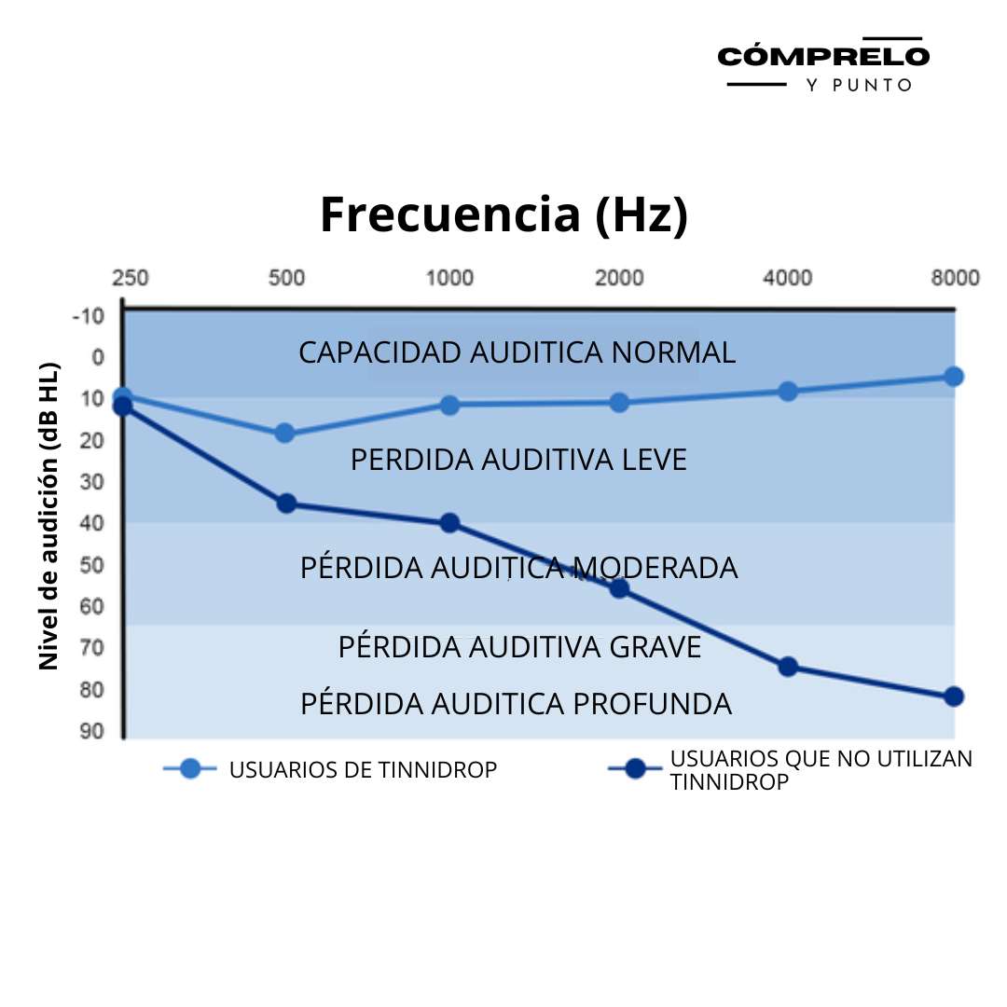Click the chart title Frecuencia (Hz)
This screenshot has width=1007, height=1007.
(x=504, y=214)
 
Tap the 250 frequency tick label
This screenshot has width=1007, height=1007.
(x=131, y=278)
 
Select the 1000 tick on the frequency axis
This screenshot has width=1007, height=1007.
(x=449, y=278)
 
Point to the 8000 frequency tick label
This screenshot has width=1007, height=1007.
(x=956, y=278)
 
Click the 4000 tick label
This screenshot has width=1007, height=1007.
(x=788, y=278)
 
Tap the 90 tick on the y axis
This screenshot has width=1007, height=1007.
(x=91, y=731)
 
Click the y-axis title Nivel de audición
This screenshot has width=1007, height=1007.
(x=49, y=515)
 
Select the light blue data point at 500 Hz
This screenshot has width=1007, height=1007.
(x=285, y=433)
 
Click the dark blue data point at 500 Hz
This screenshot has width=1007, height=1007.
(x=286, y=504)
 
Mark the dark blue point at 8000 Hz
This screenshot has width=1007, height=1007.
(x=953, y=697)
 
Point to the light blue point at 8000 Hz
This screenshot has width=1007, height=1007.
(x=953, y=376)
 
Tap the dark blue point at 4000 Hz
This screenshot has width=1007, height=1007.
(x=788, y=667)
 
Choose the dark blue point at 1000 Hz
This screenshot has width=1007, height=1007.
(x=449, y=523)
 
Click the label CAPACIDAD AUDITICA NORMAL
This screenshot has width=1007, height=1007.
(x=517, y=352)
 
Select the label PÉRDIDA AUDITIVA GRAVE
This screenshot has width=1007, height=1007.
(x=519, y=646)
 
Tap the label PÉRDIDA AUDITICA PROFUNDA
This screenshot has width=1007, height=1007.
(x=516, y=704)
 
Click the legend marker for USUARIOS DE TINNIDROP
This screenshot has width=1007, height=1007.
(x=190, y=769)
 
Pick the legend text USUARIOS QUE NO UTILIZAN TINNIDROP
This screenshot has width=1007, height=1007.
(x=821, y=770)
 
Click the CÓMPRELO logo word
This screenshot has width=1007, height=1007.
(x=823, y=56)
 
